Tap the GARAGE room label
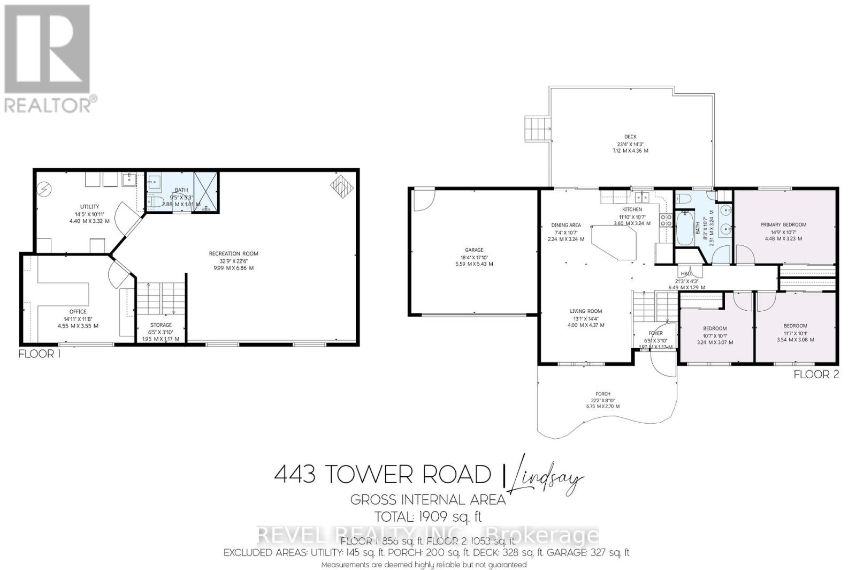(x=473, y=250)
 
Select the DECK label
(x=630, y=137)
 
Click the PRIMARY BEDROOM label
(x=783, y=224)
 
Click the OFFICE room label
(x=78, y=311)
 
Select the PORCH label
(x=603, y=394)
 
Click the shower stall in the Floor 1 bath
(x=206, y=192)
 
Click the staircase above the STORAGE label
(x=160, y=300)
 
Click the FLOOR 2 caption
(x=816, y=374)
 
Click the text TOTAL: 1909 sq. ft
(x=428, y=517)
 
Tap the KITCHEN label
(x=632, y=209)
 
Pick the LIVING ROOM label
(x=586, y=311)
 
